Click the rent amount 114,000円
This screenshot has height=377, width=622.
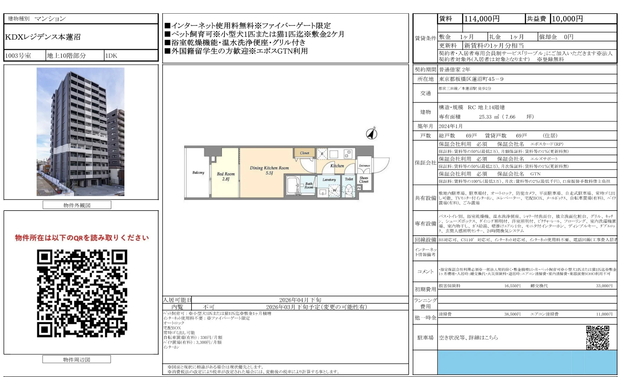(482, 19)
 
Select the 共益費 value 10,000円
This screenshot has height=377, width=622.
(567, 19)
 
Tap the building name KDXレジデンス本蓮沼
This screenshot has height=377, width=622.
(43, 37)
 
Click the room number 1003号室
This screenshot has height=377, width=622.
(18, 56)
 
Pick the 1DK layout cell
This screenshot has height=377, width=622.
(111, 56)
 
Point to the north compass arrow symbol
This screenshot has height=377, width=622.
(372, 133)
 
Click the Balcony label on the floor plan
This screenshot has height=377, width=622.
(198, 172)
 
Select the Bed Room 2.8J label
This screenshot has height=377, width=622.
(226, 176)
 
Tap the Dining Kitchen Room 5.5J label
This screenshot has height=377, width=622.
(269, 170)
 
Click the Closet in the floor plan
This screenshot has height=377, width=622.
(304, 153)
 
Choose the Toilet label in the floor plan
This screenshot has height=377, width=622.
(349, 179)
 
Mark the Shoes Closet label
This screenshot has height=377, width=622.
(364, 180)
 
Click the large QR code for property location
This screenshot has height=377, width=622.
(82, 293)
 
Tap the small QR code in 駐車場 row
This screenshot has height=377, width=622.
(597, 337)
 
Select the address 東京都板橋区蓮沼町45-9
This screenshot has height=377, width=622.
(471, 79)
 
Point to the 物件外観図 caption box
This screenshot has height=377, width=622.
(77, 205)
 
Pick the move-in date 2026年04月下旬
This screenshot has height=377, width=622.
(300, 300)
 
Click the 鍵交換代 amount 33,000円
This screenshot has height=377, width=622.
(604, 286)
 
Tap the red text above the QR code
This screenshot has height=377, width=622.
(82, 238)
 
